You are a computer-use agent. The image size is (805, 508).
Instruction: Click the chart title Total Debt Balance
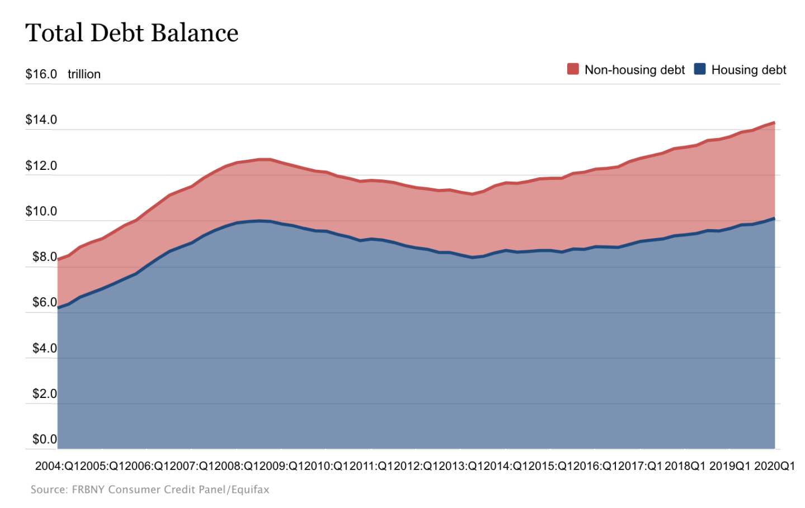pos(132,33)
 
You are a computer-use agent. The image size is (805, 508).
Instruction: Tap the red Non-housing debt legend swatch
pos(573,69)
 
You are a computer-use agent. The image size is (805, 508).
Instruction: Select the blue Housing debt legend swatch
pos(699,69)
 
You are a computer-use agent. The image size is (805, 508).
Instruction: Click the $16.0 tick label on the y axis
pos(41,74)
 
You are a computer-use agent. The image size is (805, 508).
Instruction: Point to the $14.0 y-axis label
pos(41,120)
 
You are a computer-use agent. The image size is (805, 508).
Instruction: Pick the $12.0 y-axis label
pos(41,165)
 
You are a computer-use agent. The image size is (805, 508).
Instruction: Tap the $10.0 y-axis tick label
pos(41,211)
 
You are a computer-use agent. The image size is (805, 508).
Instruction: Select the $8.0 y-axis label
pos(44,257)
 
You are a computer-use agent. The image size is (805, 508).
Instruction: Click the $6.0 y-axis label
pos(44,302)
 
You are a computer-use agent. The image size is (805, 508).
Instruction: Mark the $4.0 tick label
pos(44,348)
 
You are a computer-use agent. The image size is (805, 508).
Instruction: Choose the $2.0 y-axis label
pos(44,394)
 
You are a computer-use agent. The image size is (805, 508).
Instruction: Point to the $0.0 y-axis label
pos(44,439)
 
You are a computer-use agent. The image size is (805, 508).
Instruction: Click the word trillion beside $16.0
pos(84,74)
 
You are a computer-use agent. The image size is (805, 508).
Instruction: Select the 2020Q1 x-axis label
pos(774,466)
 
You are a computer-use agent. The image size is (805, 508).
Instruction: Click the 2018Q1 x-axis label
pos(685,466)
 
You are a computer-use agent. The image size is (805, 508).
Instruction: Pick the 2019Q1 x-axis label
pos(729,466)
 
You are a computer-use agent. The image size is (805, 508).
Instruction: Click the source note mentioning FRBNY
pos(150,490)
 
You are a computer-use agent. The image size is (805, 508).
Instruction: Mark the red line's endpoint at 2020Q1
pos(774,122)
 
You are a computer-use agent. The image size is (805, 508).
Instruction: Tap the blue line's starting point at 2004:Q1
pos(58,307)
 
